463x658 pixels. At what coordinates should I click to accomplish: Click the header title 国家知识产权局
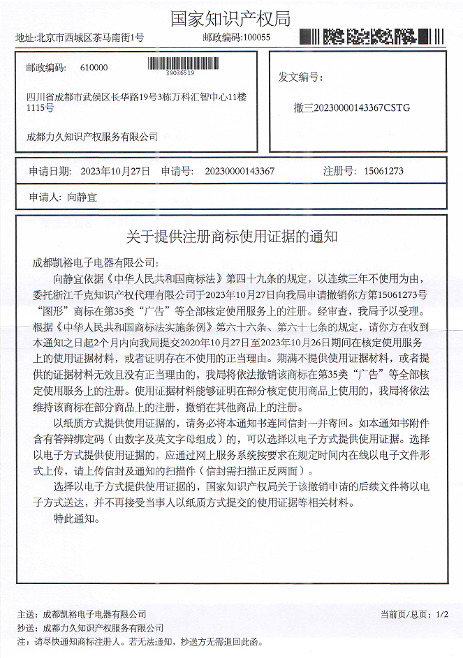coord(230,18)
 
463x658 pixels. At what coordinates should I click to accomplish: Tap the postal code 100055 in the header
coord(256,38)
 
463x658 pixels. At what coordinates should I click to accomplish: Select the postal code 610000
coord(94,68)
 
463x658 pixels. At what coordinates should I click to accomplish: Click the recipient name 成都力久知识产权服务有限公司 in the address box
coord(91,137)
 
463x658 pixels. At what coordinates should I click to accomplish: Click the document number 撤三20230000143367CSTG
coord(353,108)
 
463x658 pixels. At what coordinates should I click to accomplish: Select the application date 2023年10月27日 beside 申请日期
coord(115,171)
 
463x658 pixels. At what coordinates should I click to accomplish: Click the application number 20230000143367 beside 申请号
coord(240,171)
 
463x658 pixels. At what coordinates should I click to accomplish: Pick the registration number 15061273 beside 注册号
coord(383,171)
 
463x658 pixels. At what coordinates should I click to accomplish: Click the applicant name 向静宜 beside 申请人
coord(83,197)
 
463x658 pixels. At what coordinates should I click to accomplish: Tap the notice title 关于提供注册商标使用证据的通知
coord(232,237)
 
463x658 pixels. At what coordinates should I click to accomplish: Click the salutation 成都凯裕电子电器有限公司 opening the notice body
coord(96,264)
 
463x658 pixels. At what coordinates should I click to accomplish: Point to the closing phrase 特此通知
coord(77,519)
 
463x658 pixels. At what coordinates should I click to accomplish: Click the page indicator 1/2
coord(441,614)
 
